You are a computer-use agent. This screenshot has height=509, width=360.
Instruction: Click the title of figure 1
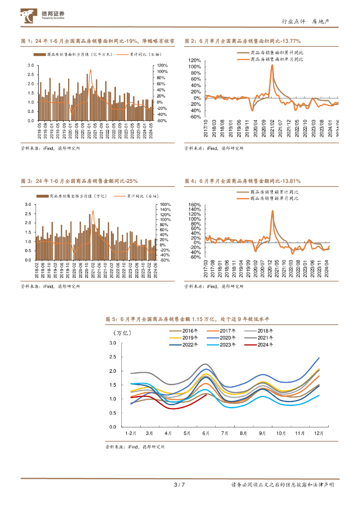(97, 41)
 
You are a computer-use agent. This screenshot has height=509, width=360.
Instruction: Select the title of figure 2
(242, 41)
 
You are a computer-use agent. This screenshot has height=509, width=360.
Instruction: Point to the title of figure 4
(242, 181)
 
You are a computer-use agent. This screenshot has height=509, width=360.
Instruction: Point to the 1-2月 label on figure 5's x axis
(131, 433)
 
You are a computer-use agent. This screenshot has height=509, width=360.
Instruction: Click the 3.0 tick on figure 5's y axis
(112, 343)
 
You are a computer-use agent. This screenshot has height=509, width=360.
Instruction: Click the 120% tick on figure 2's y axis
(194, 60)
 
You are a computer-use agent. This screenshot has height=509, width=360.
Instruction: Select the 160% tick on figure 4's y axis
(194, 204)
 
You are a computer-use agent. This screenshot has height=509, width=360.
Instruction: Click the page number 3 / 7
(180, 485)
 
